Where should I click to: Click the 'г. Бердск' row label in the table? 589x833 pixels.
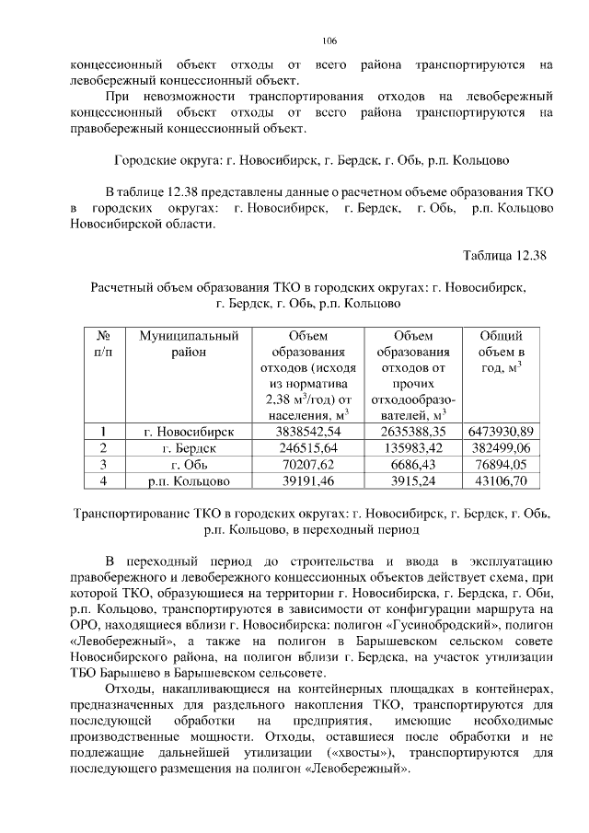click(189, 447)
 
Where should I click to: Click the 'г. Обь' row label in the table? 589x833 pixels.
click(189, 464)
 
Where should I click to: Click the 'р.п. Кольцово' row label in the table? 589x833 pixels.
click(189, 480)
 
